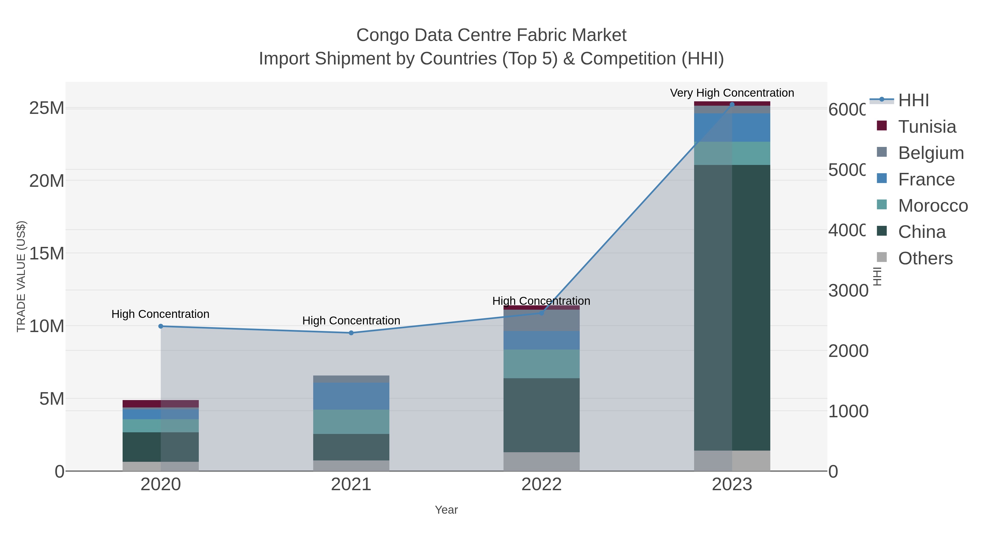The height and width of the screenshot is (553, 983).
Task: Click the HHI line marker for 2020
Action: (161, 326)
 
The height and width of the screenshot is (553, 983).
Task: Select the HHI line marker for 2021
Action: (351, 333)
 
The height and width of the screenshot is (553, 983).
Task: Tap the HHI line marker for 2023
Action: (732, 104)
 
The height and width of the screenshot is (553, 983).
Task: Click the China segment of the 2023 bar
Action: (732, 307)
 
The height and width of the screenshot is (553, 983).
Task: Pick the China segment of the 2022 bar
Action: (541, 415)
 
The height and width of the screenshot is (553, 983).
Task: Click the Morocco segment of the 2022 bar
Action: (541, 364)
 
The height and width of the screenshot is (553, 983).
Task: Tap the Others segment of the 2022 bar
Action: (541, 462)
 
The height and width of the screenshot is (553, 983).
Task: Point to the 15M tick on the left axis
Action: (46, 253)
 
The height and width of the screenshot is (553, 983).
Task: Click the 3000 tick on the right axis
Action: (848, 291)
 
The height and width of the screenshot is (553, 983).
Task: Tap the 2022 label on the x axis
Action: (541, 485)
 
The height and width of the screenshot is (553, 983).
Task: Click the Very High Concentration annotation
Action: (732, 93)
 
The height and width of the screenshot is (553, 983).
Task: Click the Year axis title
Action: (446, 510)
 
